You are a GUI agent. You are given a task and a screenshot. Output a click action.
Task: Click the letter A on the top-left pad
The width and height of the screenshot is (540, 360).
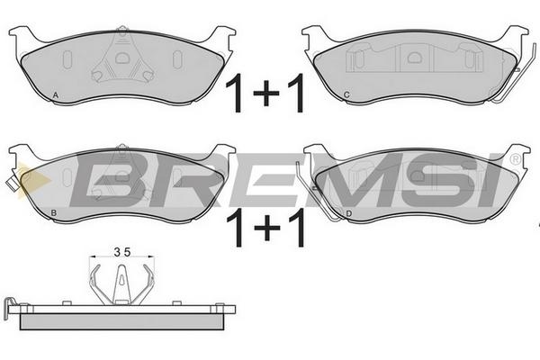tap(56, 95)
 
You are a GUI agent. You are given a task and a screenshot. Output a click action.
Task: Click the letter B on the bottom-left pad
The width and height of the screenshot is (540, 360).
tap(53, 213)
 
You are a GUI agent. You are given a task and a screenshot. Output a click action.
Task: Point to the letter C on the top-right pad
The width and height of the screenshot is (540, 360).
tap(346, 94)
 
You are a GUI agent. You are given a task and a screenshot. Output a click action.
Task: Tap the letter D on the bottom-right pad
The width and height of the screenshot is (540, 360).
tap(349, 214)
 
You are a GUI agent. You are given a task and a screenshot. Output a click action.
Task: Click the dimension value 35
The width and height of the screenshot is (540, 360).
tap(122, 253)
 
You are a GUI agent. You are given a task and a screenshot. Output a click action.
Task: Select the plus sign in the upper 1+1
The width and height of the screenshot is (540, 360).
tap(265, 93)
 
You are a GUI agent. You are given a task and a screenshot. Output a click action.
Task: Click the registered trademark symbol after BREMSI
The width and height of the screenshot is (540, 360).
tap(515, 158)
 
